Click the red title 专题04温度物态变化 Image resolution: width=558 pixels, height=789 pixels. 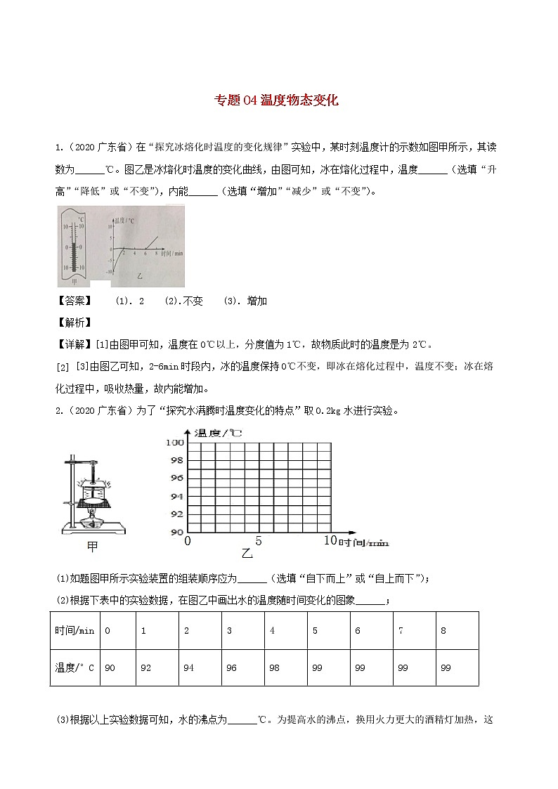(275, 100)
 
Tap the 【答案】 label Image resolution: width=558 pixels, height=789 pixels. (73, 301)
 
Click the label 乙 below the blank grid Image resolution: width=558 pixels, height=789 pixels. (247, 552)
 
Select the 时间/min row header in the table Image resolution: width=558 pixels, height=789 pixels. (74, 630)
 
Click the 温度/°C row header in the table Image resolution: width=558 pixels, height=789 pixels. (74, 667)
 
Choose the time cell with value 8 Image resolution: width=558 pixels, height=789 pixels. (443, 630)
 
